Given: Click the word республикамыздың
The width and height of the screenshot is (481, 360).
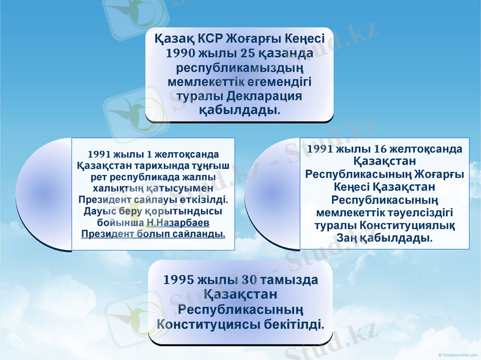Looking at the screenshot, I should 240,67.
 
